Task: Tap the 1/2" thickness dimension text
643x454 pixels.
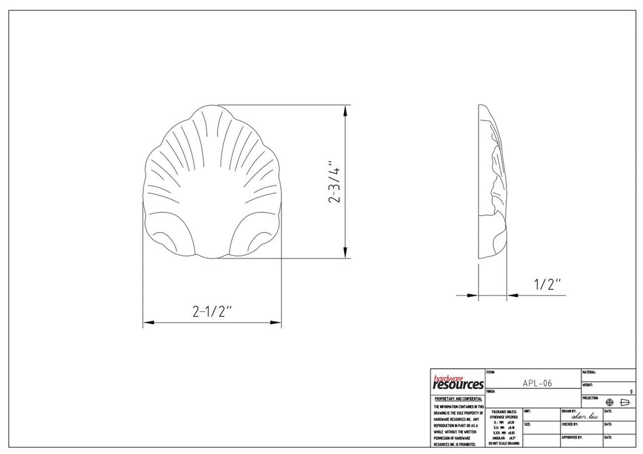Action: coord(548,284)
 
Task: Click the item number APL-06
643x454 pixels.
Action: coord(537,383)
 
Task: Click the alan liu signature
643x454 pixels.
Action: coord(584,416)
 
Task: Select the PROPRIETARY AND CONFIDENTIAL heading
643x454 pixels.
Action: coord(458,399)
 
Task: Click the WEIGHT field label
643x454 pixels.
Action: coord(587,385)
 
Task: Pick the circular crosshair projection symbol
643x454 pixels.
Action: coord(609,402)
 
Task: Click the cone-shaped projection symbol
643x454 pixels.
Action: coord(625,402)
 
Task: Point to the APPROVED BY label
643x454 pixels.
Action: coord(572,437)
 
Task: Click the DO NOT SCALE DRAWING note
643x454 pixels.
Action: coord(504,444)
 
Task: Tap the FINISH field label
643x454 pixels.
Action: coord(491,391)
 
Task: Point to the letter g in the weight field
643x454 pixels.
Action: coord(631,391)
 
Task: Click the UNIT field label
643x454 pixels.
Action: coord(527,411)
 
